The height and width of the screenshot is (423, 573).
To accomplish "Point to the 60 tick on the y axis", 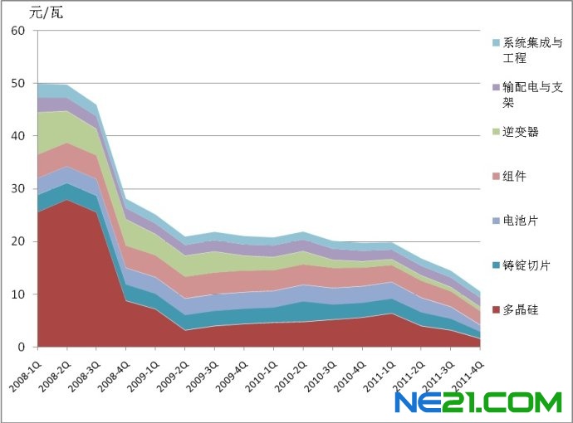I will (x=19, y=31).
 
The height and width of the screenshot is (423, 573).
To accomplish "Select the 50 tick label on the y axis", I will (x=19, y=83).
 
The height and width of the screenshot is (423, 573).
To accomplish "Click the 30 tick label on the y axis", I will (x=19, y=188).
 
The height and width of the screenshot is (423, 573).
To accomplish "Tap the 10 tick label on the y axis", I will (x=19, y=294).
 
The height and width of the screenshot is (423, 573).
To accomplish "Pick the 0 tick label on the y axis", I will (x=22, y=347).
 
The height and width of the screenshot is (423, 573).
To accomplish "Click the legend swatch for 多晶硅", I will (x=496, y=310).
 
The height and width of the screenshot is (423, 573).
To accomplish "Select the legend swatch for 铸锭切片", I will (x=496, y=265).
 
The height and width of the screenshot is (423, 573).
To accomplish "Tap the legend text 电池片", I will (x=520, y=221).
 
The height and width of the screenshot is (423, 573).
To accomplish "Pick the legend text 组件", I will (x=515, y=176).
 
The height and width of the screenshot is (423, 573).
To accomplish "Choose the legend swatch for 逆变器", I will (x=496, y=132).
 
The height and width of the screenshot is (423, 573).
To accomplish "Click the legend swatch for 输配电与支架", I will (x=496, y=87).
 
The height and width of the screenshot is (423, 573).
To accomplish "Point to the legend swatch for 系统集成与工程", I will (x=496, y=42).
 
